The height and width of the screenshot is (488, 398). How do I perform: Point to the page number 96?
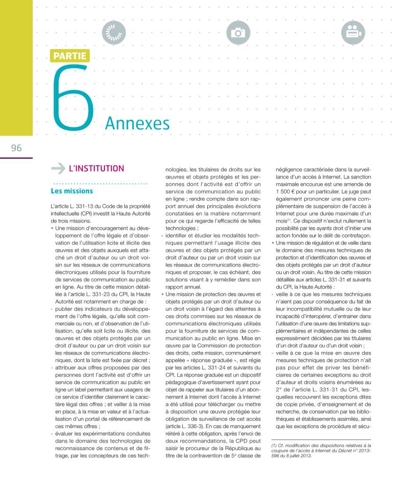(x=16, y=148)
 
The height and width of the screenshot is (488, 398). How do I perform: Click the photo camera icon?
(x=238, y=32)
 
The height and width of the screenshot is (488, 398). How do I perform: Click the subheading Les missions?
(x=72, y=191)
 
